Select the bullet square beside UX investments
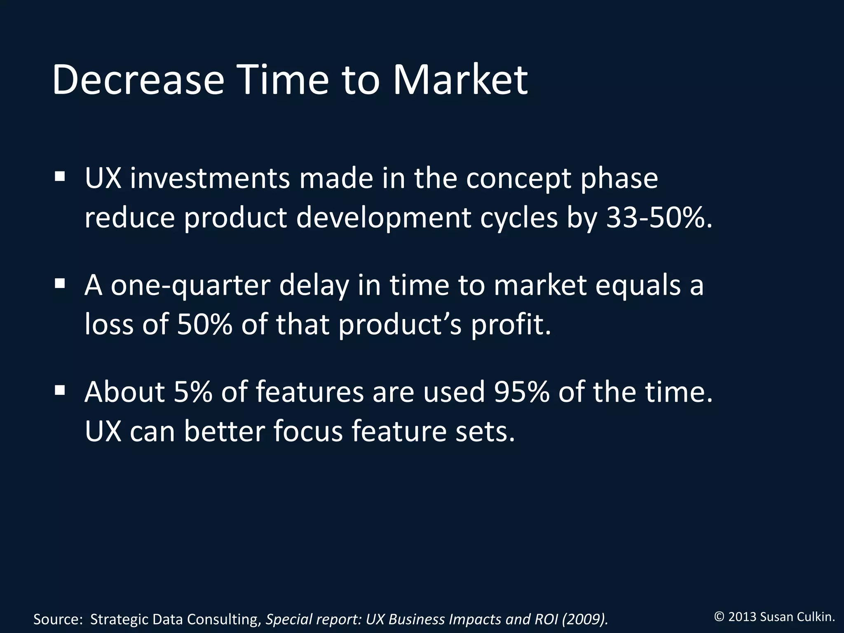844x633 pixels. pyautogui.click(x=60, y=177)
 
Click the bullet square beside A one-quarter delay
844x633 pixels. pyautogui.click(x=60, y=284)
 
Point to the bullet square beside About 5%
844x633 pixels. pyautogui.click(x=60, y=390)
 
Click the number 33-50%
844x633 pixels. pyautogui.click(x=659, y=218)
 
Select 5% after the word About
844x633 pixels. pyautogui.click(x=193, y=392)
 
